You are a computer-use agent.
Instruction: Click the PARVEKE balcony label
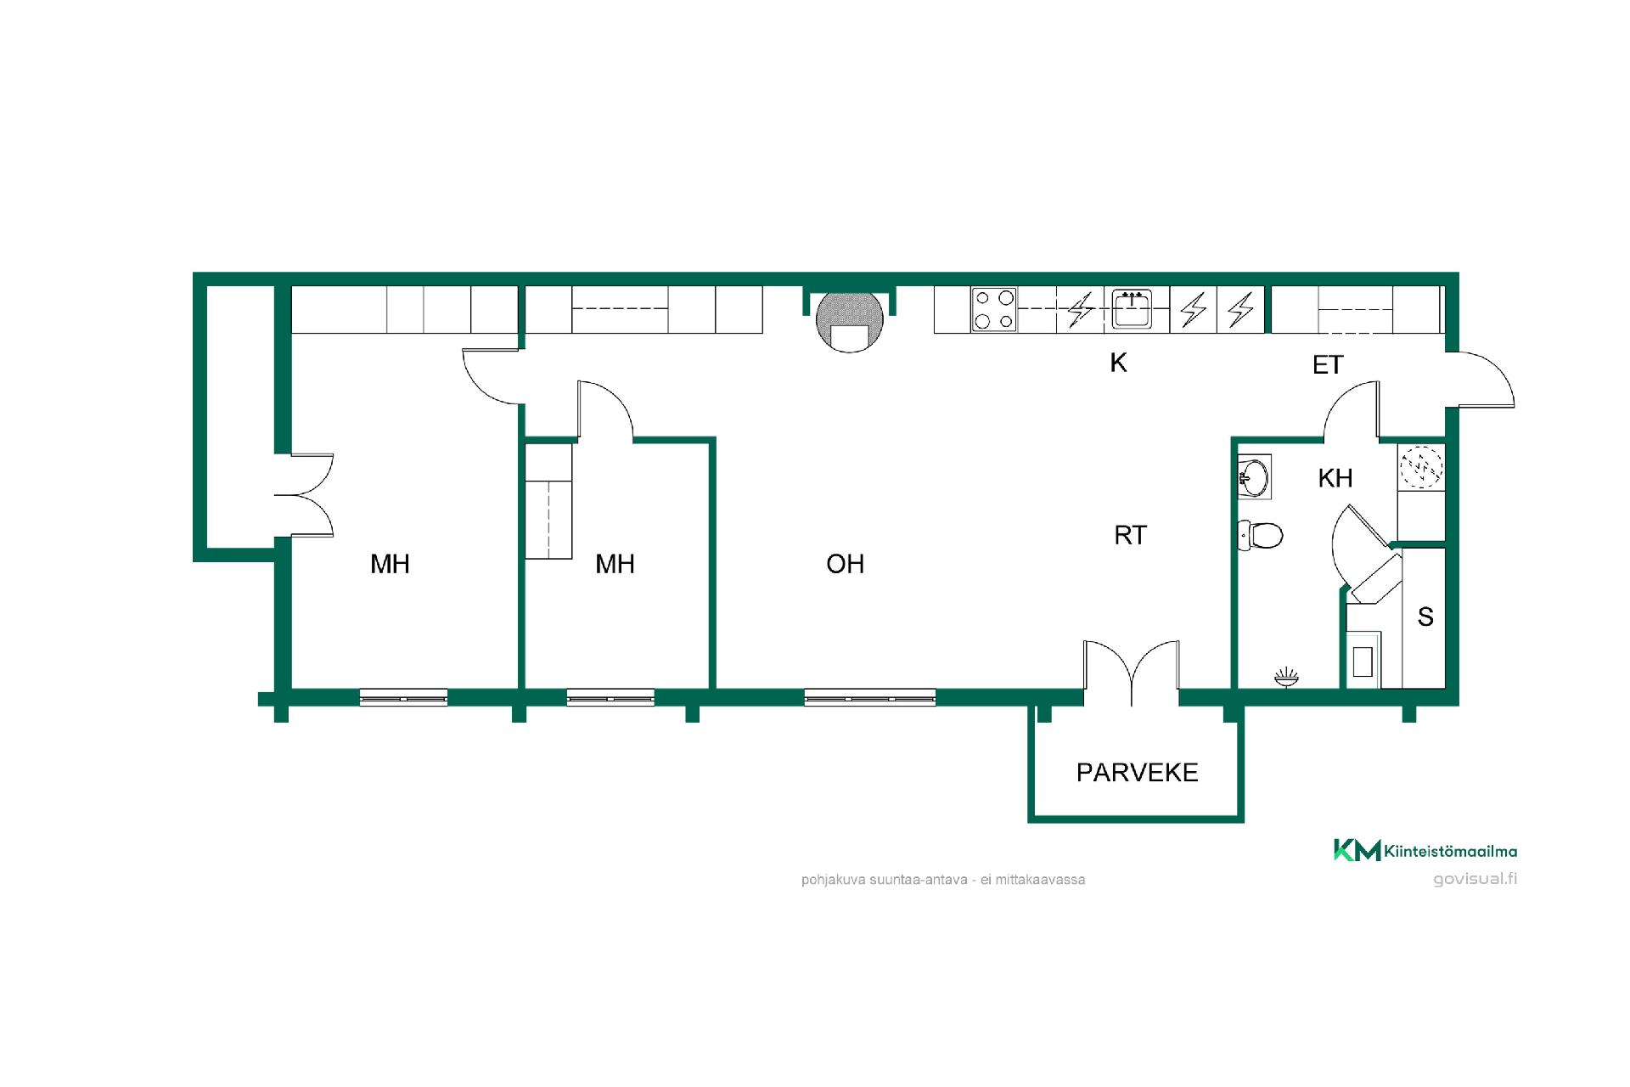(x=1137, y=772)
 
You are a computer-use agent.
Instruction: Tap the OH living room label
(x=845, y=564)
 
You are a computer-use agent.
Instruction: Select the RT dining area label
(x=1130, y=535)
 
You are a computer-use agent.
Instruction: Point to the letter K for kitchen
(x=1118, y=363)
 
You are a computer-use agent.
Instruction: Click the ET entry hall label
(x=1328, y=365)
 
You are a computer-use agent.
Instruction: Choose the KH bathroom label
(x=1335, y=478)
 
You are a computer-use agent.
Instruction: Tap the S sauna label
(x=1425, y=617)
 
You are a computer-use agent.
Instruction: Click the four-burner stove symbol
(x=994, y=310)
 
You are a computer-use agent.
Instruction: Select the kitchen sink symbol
(x=1132, y=309)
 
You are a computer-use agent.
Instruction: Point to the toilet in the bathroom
(x=1260, y=535)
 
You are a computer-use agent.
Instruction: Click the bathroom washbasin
(x=1254, y=477)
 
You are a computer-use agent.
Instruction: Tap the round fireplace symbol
(x=850, y=322)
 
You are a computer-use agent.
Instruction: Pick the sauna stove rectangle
(x=1363, y=661)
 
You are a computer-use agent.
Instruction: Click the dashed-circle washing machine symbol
(x=1420, y=466)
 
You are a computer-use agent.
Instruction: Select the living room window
(x=870, y=698)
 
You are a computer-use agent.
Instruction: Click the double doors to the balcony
(x=1131, y=673)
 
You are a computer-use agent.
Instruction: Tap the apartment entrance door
(x=1481, y=379)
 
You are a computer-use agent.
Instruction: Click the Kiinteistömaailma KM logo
(x=1425, y=850)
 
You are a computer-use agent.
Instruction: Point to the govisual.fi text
(x=1475, y=879)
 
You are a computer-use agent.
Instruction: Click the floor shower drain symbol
(x=1286, y=677)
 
